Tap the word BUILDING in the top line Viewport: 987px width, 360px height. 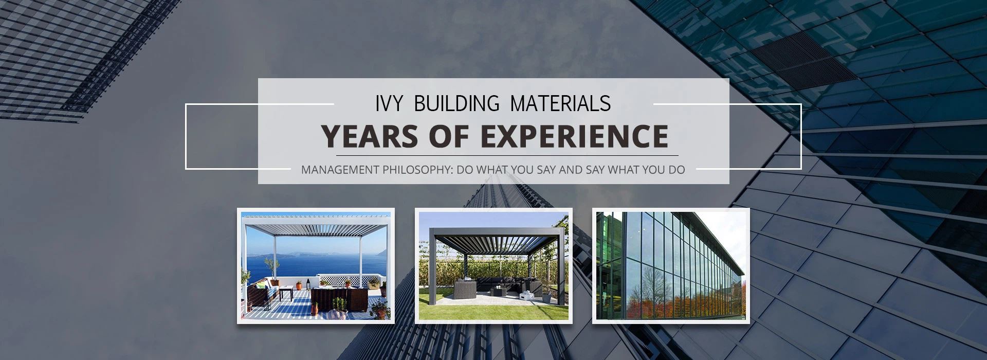coord(456,103)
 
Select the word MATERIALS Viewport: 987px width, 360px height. coord(560,103)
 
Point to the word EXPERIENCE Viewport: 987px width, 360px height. coord(574,136)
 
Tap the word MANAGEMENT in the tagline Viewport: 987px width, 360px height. coord(340,170)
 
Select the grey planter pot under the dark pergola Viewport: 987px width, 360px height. coord(546,297)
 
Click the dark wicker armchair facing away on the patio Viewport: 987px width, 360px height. coord(464,287)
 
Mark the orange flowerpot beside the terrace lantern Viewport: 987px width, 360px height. coord(299,285)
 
